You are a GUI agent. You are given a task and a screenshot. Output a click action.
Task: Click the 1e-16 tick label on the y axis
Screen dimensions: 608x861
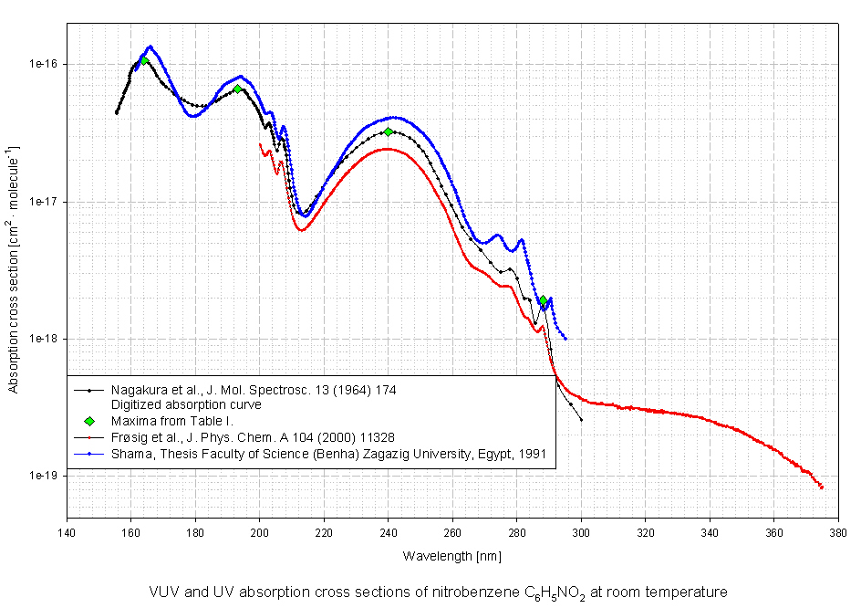click(x=43, y=64)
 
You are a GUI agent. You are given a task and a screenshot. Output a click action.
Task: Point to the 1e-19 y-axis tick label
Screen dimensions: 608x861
click(x=43, y=476)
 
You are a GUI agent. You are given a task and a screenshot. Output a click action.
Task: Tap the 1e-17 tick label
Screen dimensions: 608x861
click(x=43, y=201)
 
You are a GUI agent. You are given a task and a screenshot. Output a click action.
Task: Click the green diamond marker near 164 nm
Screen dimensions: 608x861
click(x=144, y=60)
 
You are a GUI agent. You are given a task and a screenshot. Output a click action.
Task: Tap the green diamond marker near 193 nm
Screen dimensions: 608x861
click(x=237, y=89)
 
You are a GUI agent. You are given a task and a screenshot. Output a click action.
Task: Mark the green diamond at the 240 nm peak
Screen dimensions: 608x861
click(x=389, y=131)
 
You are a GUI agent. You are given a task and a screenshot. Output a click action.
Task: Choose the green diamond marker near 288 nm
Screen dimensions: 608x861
click(x=543, y=300)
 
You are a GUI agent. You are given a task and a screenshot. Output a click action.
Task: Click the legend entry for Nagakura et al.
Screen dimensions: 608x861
click(x=254, y=389)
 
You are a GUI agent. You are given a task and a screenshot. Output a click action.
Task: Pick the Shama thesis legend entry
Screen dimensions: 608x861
click(x=328, y=453)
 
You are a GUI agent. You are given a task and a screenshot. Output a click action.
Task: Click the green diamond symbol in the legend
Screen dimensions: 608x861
click(x=89, y=421)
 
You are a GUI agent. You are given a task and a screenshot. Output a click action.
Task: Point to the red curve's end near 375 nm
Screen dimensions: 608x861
click(x=821, y=487)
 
